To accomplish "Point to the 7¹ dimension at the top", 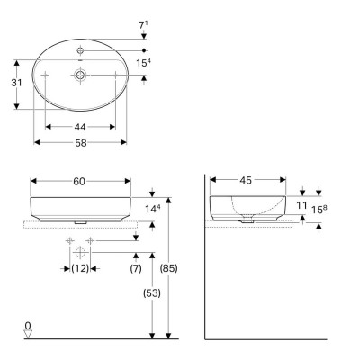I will (144, 13).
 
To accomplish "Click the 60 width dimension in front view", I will (79, 181).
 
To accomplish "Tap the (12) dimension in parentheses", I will (81, 269).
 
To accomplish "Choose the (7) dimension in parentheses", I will (136, 269).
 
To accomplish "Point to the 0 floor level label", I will (28, 325).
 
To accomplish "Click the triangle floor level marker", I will (28, 335).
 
